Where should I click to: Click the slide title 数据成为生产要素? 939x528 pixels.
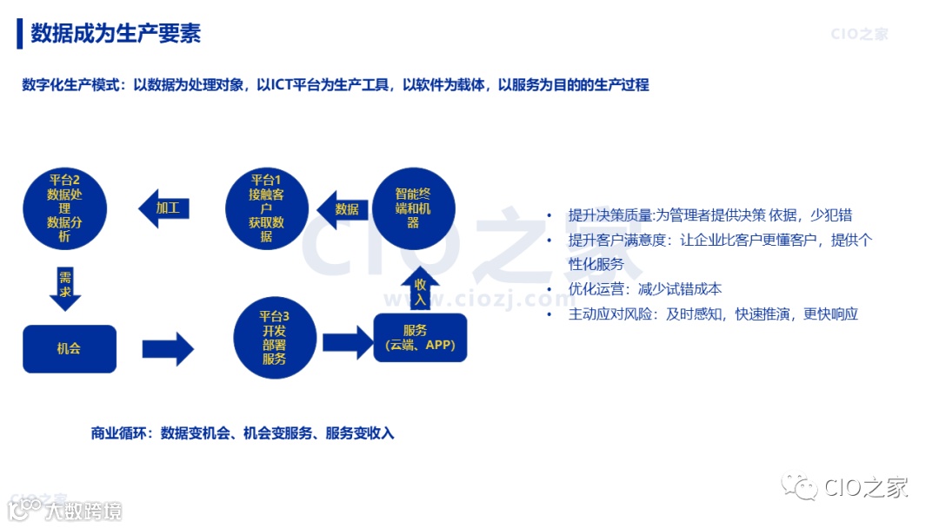point(116,34)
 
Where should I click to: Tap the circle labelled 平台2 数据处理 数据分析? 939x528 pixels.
point(65,208)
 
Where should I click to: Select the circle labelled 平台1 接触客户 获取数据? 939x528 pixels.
point(266,208)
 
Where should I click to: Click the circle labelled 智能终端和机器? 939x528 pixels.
point(413,208)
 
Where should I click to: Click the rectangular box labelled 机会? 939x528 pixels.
point(69,348)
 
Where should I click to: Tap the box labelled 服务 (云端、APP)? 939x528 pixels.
point(421,337)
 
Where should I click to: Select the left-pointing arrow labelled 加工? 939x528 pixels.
point(164,208)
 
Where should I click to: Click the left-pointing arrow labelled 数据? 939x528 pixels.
point(341,208)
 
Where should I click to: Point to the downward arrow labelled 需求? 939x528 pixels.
point(65,287)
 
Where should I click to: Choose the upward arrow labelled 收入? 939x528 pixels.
point(421,291)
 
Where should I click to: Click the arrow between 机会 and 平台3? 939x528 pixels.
point(168,348)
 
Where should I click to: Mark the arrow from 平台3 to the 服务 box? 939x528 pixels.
point(348,340)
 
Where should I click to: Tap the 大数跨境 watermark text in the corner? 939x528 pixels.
point(84,510)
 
